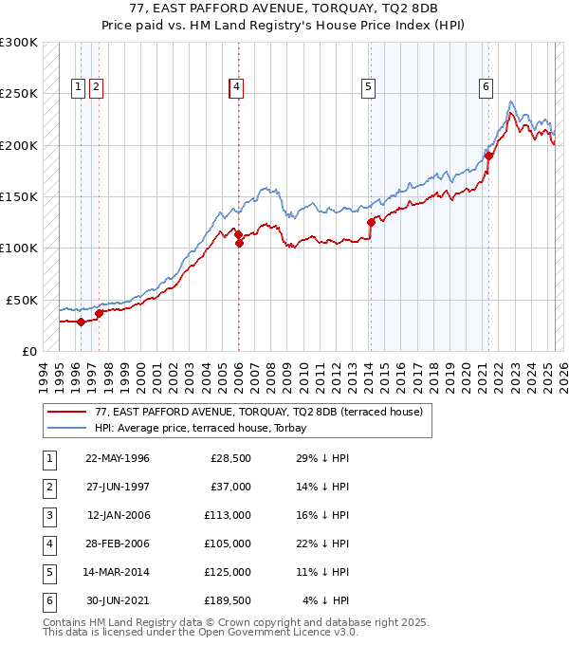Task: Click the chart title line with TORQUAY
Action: [284, 8]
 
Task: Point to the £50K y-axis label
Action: [22, 300]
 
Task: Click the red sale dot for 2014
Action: [371, 223]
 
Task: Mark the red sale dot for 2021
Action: [488, 157]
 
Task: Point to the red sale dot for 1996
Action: [82, 322]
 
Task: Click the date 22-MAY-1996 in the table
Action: [117, 458]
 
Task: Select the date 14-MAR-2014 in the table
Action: [117, 572]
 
